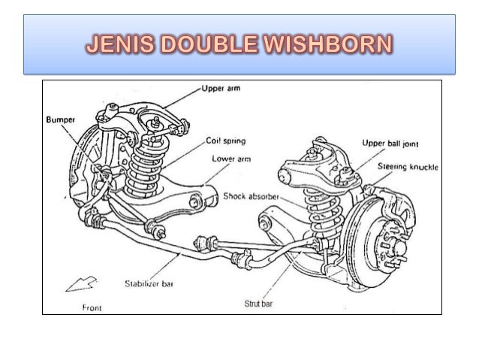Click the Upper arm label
(221, 89)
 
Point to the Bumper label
(58, 119)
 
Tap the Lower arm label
(228, 159)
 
